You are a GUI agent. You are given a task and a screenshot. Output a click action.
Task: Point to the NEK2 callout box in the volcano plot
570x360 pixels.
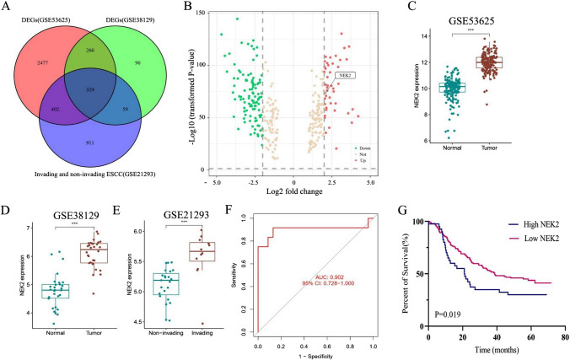pyautogui.click(x=345, y=75)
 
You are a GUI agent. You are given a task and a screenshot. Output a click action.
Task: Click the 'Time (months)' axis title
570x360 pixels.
pyautogui.click(x=499, y=351)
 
